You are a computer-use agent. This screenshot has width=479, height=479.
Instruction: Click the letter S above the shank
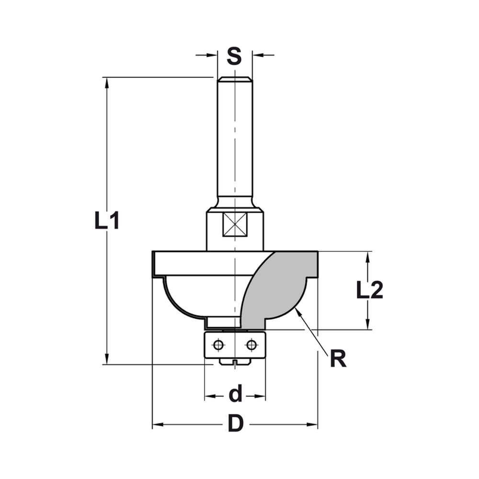click(x=234, y=56)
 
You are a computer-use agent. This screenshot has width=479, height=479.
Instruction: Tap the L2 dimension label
click(x=369, y=291)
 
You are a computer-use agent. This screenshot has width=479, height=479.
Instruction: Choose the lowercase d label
click(x=235, y=395)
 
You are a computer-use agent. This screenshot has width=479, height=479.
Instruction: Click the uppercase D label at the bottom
click(x=235, y=424)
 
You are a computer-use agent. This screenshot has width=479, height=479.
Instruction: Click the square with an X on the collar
click(x=235, y=224)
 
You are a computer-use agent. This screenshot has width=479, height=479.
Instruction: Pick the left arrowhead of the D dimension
click(x=156, y=424)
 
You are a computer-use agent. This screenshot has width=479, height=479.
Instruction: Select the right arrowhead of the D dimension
click(x=314, y=424)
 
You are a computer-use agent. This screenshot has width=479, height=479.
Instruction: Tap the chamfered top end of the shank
click(x=235, y=79)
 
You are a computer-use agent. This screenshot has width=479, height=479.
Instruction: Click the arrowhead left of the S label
click(x=214, y=55)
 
